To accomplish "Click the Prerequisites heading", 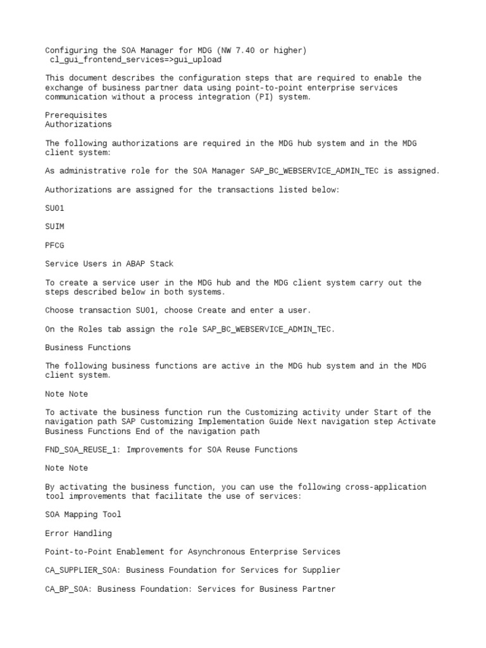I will tap(76, 115).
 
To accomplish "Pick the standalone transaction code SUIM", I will tap(55, 227).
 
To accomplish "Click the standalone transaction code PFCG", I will tap(55, 245).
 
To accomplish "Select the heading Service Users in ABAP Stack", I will tap(109, 264).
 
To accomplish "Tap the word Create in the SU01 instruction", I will tap(212, 310).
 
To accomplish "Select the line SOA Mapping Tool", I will tap(83, 514).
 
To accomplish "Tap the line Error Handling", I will tap(78, 533).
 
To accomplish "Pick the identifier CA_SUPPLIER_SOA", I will tap(82, 570).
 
